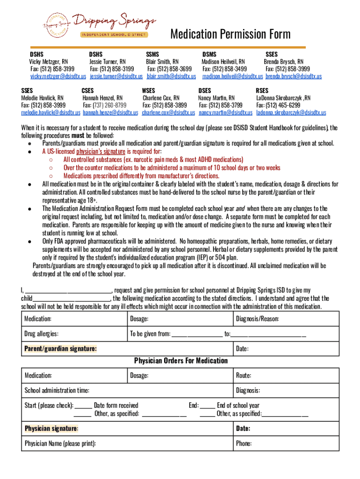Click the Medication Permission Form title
230,34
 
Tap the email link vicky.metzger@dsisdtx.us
58,76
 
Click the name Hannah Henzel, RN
102,98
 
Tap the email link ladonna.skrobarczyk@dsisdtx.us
291,113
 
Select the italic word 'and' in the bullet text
239,209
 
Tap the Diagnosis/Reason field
286,319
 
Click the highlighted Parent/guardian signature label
61,349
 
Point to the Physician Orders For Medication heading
181,361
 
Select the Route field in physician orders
286,375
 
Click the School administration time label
57,391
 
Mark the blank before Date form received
83,406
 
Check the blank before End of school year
208,406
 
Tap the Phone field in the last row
286,443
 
